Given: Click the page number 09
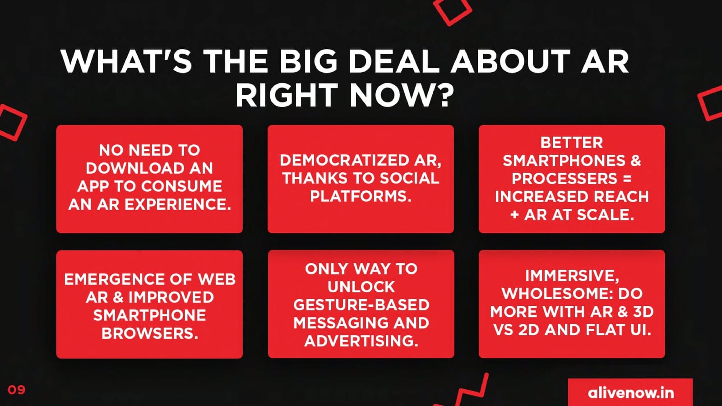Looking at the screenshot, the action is coord(16,390).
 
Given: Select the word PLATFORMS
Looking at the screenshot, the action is coord(361,196).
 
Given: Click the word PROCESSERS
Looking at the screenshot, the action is coord(564,179).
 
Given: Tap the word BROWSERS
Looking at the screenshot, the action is coord(149,333).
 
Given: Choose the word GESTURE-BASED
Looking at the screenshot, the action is coord(361,305).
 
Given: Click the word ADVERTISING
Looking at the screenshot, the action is coord(361,341).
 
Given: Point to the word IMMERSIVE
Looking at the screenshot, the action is coord(572,276).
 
